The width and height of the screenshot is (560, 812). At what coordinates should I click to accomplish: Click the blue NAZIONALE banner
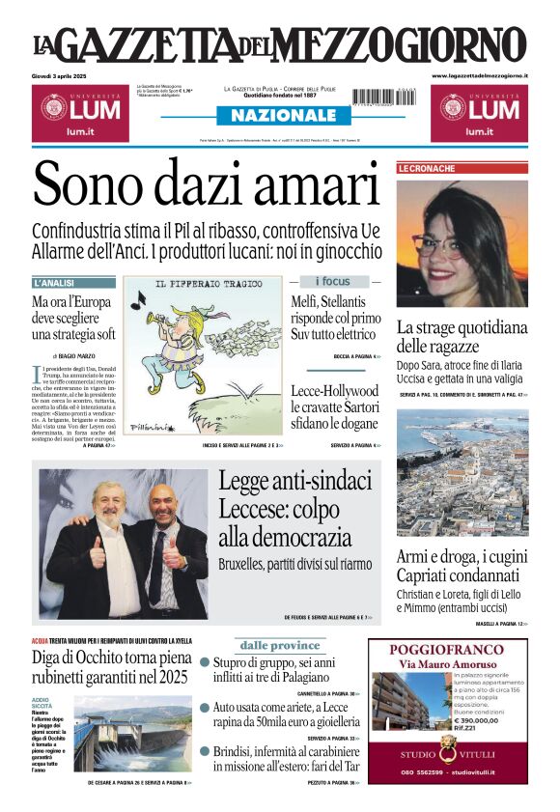point(279,116)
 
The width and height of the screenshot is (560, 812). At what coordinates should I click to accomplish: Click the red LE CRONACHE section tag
point(427,169)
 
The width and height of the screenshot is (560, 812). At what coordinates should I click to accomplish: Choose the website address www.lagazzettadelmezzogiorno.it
point(479,75)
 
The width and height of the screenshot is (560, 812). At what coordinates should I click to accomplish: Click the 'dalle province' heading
point(279,645)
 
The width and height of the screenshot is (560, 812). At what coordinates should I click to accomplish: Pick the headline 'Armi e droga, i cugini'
point(462,558)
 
